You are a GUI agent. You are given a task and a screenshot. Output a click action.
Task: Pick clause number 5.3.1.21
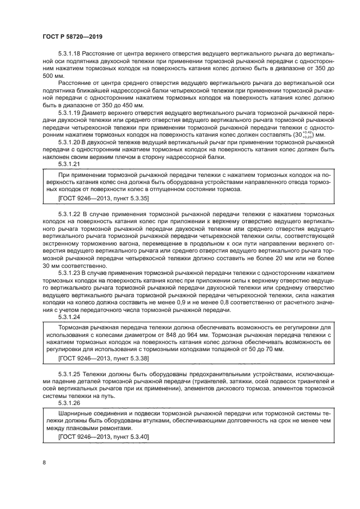tap(69, 163)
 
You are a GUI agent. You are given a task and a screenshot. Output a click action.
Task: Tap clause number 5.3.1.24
tap(69, 316)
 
